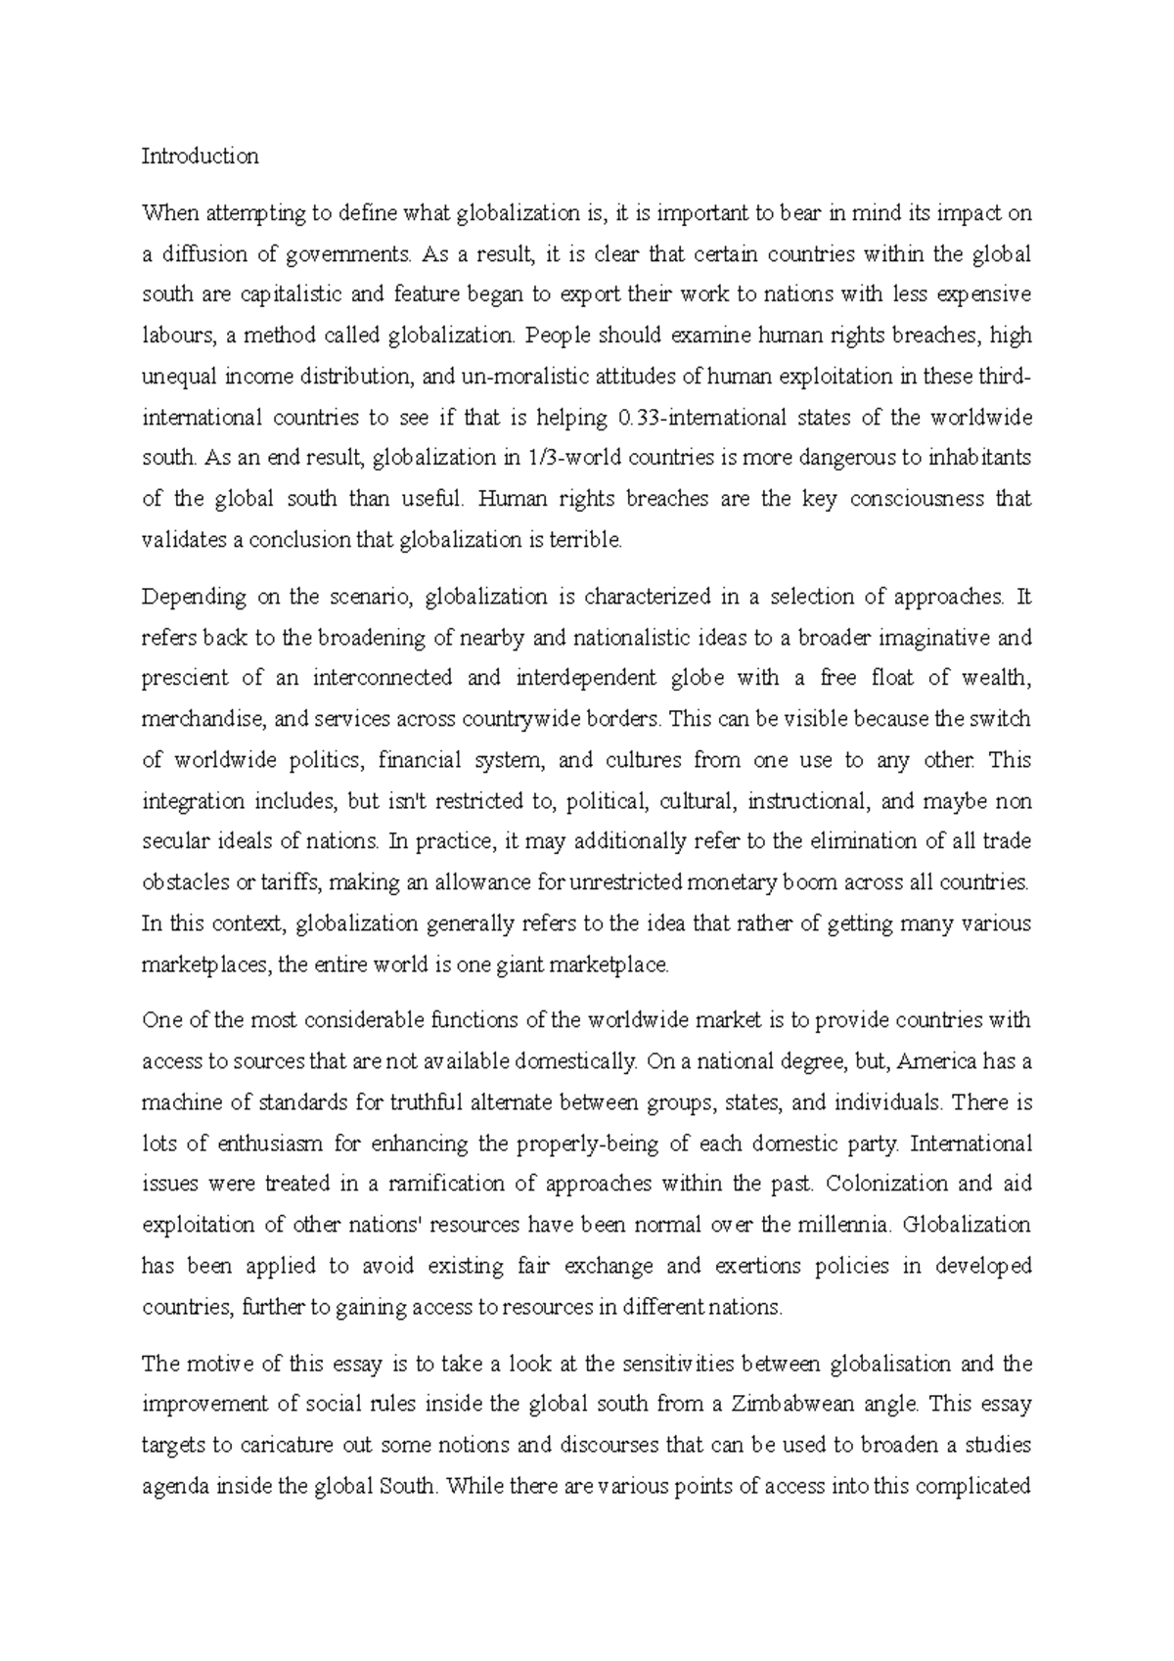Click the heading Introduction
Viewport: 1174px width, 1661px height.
[200, 157]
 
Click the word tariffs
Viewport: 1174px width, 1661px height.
[293, 882]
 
